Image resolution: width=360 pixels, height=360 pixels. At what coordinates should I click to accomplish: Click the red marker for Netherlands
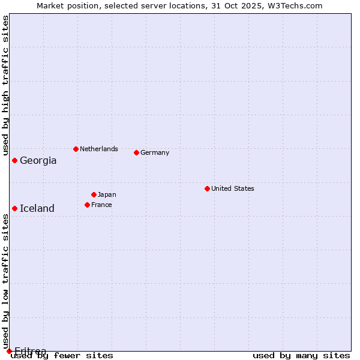pyautogui.click(x=76, y=149)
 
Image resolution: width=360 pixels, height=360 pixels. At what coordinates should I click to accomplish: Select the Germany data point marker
pyautogui.click(x=136, y=152)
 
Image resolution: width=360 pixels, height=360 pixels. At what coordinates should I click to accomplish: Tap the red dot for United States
pyautogui.click(x=207, y=188)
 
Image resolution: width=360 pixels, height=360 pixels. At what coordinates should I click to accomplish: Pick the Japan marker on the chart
pyautogui.click(x=94, y=194)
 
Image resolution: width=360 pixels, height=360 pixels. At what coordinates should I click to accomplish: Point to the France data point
pyautogui.click(x=87, y=205)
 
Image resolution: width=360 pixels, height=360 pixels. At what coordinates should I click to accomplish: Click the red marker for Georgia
pyautogui.click(x=14, y=160)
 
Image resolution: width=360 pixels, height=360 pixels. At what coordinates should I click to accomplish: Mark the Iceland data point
pyautogui.click(x=14, y=208)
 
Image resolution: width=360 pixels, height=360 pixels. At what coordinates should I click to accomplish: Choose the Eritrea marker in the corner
pyautogui.click(x=9, y=351)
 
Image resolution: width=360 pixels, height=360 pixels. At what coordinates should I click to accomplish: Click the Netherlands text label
pyautogui.click(x=98, y=149)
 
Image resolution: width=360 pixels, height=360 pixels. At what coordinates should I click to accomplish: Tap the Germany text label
pyautogui.click(x=155, y=152)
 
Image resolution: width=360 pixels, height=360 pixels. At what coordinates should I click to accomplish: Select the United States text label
pyautogui.click(x=232, y=188)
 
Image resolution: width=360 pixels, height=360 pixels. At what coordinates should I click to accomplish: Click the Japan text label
pyautogui.click(x=107, y=194)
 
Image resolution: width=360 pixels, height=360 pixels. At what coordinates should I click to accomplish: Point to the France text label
pyautogui.click(x=101, y=205)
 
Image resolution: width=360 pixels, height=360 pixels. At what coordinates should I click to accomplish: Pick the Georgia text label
pyautogui.click(x=38, y=160)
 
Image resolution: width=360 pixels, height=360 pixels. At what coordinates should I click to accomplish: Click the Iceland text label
pyautogui.click(x=37, y=208)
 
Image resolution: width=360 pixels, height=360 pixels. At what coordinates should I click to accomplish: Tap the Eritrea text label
pyautogui.click(x=30, y=350)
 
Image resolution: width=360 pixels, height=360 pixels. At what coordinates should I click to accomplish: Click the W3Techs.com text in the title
pyautogui.click(x=294, y=5)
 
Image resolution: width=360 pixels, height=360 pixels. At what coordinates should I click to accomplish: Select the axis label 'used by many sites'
pyautogui.click(x=301, y=355)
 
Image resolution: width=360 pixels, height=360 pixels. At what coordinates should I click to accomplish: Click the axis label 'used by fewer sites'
pyautogui.click(x=62, y=355)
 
